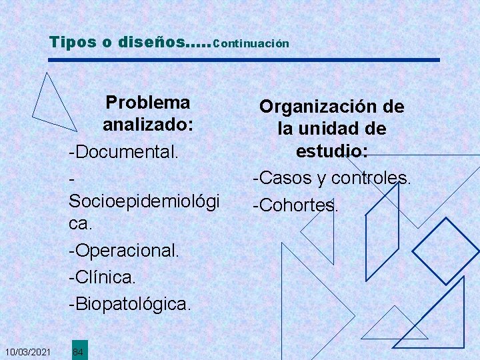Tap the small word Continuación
click(x=253, y=43)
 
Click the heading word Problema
click(x=148, y=103)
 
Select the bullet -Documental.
click(x=123, y=151)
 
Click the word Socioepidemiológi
click(x=144, y=201)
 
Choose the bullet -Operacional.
click(x=124, y=250)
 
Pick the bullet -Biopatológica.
click(x=129, y=303)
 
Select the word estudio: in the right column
click(x=332, y=152)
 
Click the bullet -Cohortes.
click(x=295, y=205)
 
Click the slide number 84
click(x=78, y=351)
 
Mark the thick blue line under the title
click(x=244, y=61)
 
